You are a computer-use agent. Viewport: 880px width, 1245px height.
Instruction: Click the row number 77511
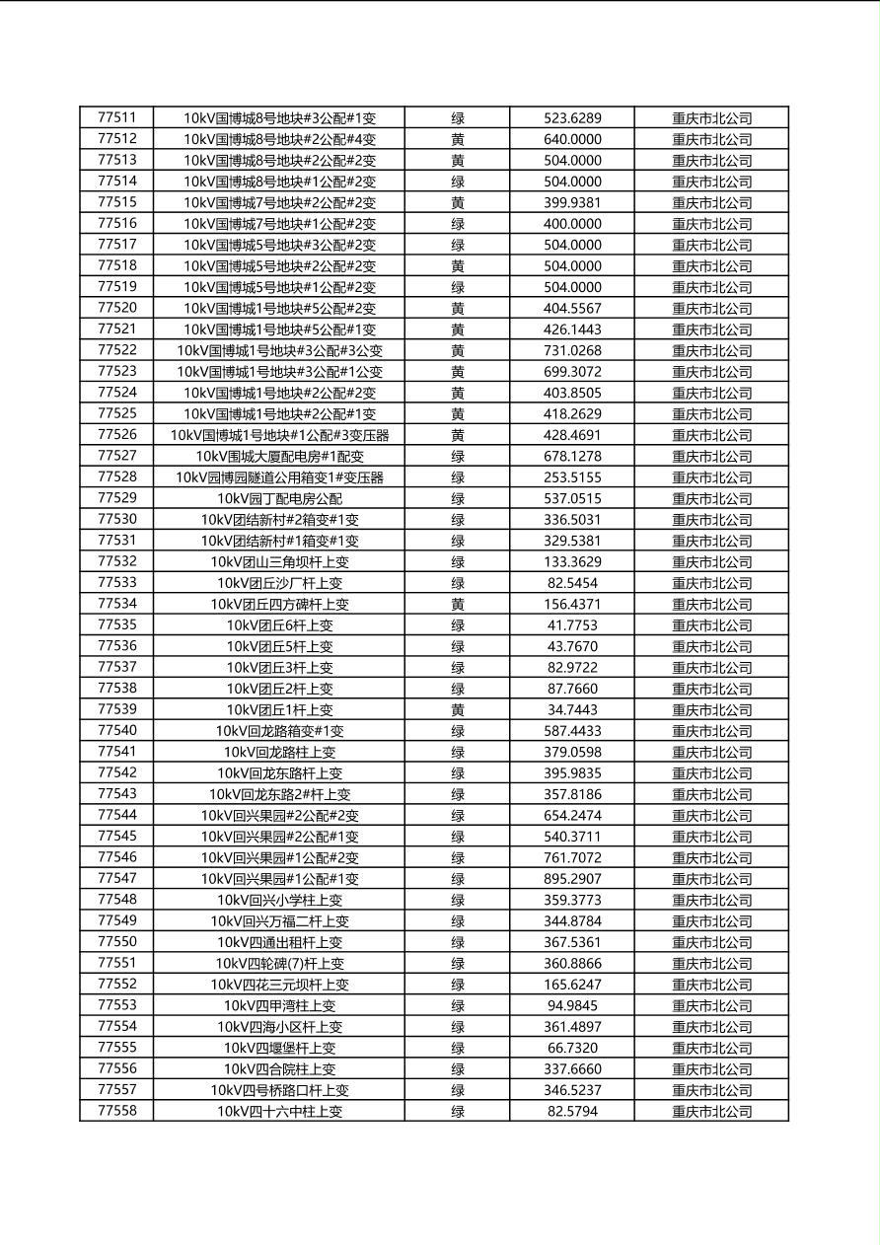[x=116, y=117]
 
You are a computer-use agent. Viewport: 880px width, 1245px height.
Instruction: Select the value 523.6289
[x=572, y=118]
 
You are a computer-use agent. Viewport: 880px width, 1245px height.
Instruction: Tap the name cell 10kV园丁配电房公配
[x=279, y=499]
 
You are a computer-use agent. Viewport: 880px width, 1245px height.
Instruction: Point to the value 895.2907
[x=572, y=879]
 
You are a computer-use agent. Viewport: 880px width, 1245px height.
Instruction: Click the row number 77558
[x=116, y=1111]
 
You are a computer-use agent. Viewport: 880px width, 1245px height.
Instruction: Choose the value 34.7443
[x=572, y=710]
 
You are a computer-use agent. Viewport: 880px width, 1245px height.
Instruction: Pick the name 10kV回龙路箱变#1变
[x=279, y=731]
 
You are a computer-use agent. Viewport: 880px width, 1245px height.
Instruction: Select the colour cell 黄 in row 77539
[x=458, y=710]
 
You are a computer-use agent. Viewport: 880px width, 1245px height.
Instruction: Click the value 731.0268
[x=572, y=351]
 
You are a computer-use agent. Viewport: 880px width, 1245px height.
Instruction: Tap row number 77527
[x=116, y=456]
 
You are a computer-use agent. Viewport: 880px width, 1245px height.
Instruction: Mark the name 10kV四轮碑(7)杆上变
[x=279, y=964]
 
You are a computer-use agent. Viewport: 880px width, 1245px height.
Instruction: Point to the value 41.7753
[x=572, y=625]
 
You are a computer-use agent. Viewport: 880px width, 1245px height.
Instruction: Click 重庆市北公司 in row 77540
[x=711, y=731]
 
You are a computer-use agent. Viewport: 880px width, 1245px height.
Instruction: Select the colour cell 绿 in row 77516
[x=458, y=224]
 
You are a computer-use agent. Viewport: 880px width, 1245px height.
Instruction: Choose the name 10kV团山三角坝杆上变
[x=279, y=562]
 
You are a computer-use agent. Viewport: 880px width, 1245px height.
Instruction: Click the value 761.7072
[x=572, y=858]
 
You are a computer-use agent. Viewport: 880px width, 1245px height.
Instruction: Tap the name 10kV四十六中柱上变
[x=279, y=1112]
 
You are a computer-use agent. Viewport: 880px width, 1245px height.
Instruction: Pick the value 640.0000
[x=572, y=140]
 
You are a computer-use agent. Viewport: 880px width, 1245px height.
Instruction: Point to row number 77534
[x=116, y=604]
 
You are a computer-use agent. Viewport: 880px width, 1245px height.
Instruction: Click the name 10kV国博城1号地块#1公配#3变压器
[x=279, y=435]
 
